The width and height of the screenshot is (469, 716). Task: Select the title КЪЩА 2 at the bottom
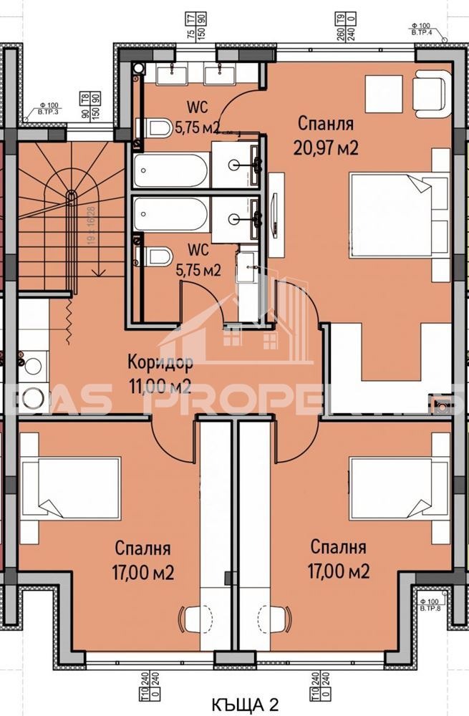(x=246, y=702)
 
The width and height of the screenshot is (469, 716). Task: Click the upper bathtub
(x=170, y=170)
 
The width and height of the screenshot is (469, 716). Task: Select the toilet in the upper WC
(x=158, y=127)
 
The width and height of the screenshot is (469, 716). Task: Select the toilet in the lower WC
(x=158, y=256)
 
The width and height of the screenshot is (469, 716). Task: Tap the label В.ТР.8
(x=430, y=608)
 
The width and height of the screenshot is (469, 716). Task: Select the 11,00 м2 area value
(x=159, y=387)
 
